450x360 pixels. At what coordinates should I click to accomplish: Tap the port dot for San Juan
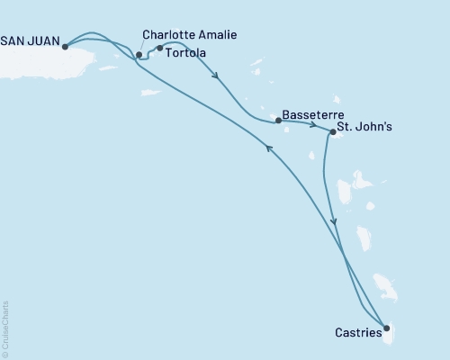tap(66, 47)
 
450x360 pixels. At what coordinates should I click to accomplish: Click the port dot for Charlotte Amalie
tap(139, 55)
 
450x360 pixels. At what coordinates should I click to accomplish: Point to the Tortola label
tap(186, 53)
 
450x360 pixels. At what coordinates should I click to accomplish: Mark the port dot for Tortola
tap(160, 49)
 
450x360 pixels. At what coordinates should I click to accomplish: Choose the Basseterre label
tap(310, 115)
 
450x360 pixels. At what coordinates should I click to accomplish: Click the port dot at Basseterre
tap(278, 120)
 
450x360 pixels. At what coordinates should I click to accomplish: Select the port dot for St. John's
tap(333, 132)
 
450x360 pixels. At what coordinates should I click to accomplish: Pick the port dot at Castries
tap(386, 328)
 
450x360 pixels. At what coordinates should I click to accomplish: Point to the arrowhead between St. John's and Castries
tap(335, 221)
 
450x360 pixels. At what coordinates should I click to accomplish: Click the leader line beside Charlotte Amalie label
tap(142, 47)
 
